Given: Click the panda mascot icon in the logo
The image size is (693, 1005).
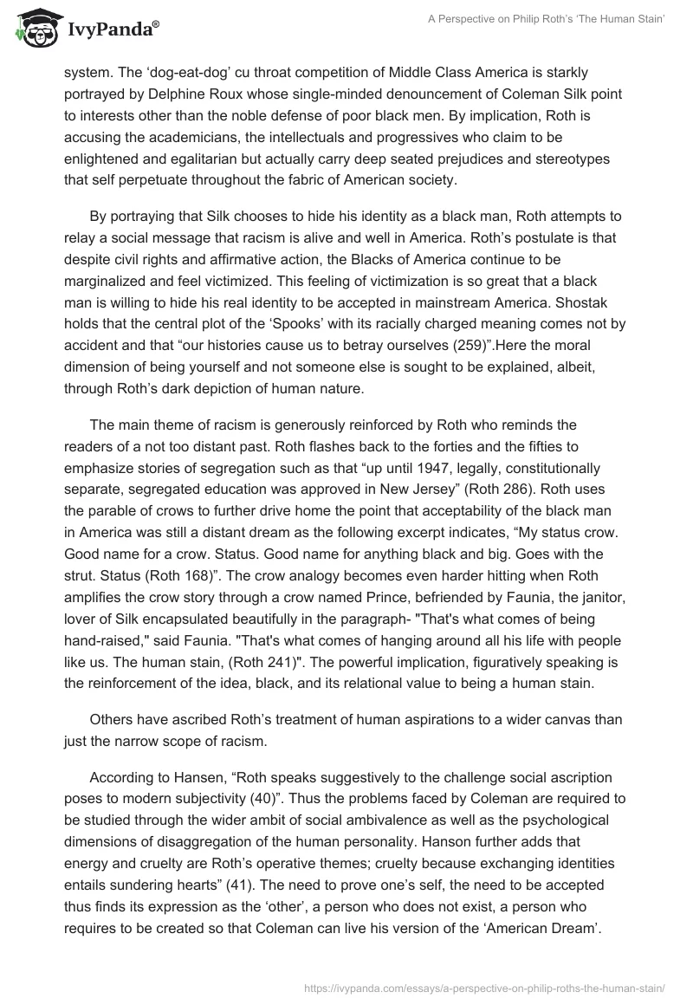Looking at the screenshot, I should point(36,29).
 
